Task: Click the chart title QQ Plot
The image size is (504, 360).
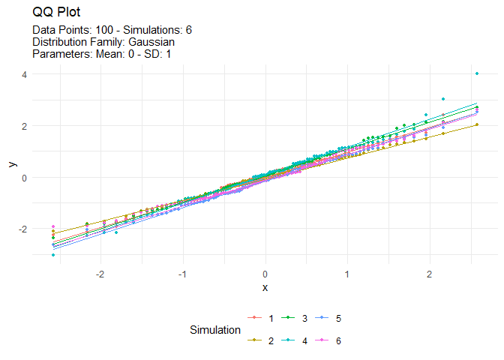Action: tap(58, 13)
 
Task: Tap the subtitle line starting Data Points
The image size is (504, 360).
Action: tap(112, 30)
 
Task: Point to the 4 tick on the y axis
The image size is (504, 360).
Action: tap(24, 74)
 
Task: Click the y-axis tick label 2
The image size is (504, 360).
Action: tap(24, 126)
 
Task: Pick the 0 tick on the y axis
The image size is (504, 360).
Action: tap(24, 178)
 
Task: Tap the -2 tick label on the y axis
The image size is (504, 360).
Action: tap(22, 229)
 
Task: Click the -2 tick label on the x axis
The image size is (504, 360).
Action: tap(100, 274)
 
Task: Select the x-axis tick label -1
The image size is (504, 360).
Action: tap(182, 274)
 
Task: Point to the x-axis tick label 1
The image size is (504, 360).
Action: tap(347, 274)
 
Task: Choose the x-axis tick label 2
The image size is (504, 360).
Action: tap(429, 274)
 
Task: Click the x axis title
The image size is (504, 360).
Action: tap(265, 288)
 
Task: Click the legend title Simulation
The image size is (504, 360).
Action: tap(215, 330)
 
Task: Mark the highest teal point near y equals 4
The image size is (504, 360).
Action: tap(477, 73)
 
